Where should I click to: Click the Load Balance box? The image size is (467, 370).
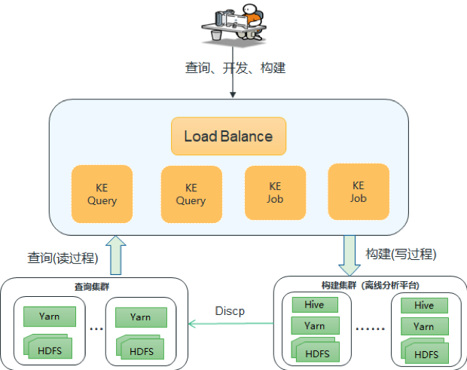point(228,136)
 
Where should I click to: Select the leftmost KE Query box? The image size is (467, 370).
point(102,194)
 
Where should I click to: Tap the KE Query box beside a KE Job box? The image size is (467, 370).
point(191,194)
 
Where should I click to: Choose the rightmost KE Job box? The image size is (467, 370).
point(359,192)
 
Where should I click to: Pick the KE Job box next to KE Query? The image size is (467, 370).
point(275,193)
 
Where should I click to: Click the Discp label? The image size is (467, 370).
point(230,310)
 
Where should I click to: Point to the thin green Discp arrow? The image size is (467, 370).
point(231,323)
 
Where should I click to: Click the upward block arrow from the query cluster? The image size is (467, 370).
point(116,255)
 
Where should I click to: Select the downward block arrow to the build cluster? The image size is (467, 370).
point(349,255)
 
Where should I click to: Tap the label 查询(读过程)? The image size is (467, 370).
point(63,258)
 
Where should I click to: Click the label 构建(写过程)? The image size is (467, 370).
point(401,254)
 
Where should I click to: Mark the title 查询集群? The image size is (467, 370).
point(92,286)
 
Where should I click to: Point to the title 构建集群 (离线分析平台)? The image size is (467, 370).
point(370,286)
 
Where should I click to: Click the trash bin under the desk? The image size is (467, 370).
point(216,35)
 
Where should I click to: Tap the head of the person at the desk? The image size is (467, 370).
point(249,9)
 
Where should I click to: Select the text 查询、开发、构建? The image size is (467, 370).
point(235,68)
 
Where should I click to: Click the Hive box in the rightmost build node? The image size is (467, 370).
point(424,305)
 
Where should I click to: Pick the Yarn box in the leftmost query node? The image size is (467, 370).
point(50,316)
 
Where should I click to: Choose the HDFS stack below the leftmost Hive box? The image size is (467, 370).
point(315,350)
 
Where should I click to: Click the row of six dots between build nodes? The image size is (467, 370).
point(370,329)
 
